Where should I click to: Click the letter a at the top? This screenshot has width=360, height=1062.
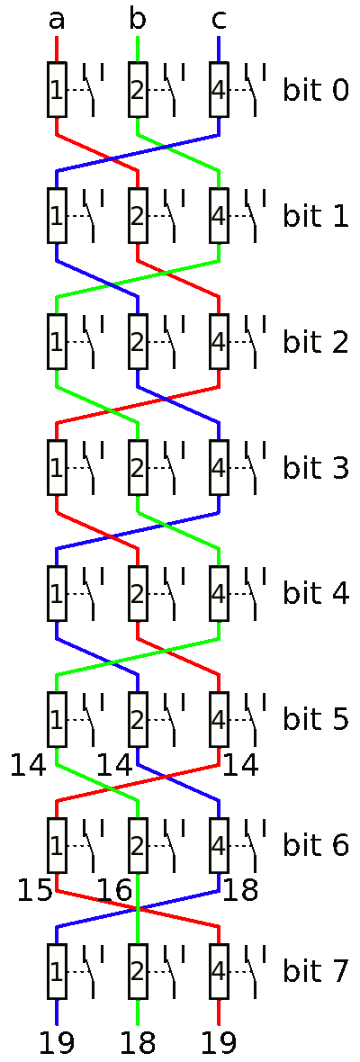57,21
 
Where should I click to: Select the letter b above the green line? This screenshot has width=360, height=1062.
138,18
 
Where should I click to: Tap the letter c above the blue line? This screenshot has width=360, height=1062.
218,21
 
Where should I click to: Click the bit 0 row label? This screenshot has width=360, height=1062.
315,89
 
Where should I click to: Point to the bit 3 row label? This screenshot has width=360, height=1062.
315,467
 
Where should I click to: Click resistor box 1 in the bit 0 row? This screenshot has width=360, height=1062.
57,89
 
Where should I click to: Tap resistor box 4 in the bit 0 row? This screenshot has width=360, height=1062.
219,89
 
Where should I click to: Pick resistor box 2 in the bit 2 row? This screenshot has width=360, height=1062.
138,341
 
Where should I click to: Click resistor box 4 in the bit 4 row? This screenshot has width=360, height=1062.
219,593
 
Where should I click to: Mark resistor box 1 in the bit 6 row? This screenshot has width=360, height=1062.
57,844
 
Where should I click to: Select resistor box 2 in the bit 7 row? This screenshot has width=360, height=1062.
138,970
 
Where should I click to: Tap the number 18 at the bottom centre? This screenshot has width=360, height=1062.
138,1044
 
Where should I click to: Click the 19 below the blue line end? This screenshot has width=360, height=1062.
57,1044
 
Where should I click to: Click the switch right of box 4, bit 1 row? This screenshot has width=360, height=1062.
253,215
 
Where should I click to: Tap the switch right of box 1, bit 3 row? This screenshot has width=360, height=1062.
92,467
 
